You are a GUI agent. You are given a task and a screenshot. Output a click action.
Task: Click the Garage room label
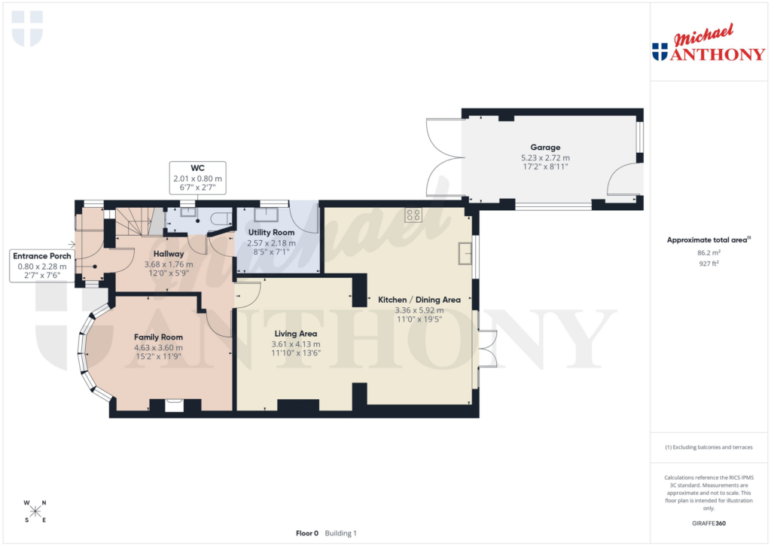(x=545, y=148)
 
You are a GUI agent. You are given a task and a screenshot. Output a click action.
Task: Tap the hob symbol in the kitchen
(x=413, y=215)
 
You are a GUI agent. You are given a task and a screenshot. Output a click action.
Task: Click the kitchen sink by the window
(x=465, y=252)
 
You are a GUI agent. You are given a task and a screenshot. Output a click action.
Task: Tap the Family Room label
(x=158, y=337)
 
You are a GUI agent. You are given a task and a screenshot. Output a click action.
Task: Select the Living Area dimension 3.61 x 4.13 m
(x=295, y=343)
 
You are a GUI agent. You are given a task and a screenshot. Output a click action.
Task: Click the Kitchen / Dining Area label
(x=419, y=300)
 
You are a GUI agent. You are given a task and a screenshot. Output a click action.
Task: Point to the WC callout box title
(x=198, y=168)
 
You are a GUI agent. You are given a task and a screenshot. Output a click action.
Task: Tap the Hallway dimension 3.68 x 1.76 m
(x=169, y=264)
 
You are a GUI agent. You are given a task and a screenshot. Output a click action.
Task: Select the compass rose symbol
(x=35, y=511)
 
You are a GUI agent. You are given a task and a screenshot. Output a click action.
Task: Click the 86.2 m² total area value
(x=708, y=253)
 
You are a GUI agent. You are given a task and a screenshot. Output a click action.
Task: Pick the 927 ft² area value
(x=708, y=264)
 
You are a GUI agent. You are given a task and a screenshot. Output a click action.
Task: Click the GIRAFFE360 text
(x=708, y=523)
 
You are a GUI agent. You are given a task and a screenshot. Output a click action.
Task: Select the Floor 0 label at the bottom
(x=306, y=533)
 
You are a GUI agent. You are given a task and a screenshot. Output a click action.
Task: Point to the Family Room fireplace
(x=174, y=406)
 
